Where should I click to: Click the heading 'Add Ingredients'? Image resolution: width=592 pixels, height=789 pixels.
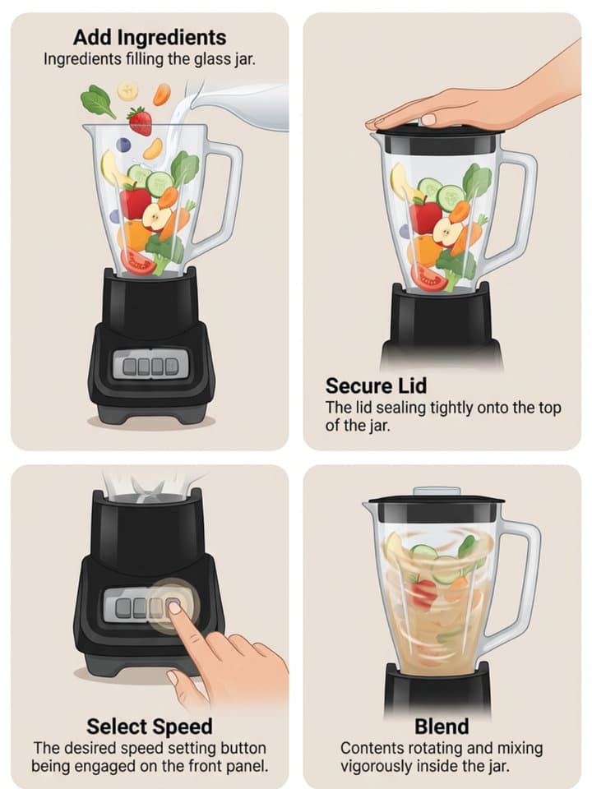click(150, 37)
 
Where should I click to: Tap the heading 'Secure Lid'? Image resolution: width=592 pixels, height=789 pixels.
click(376, 386)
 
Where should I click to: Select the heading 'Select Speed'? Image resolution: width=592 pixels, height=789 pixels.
click(150, 727)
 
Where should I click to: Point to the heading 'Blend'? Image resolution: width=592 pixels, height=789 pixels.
click(442, 727)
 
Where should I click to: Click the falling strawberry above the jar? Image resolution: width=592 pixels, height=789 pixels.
click(141, 122)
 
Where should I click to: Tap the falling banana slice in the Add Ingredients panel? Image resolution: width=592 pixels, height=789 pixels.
click(128, 91)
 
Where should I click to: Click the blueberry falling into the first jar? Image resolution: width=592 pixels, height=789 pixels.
click(123, 145)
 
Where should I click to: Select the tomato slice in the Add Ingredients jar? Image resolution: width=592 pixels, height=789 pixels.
click(137, 262)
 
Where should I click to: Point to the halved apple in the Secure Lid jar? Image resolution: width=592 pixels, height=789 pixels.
click(448, 232)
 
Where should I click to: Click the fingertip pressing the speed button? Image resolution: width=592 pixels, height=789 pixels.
click(174, 608)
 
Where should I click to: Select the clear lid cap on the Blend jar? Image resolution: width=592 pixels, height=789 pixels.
click(437, 491)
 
